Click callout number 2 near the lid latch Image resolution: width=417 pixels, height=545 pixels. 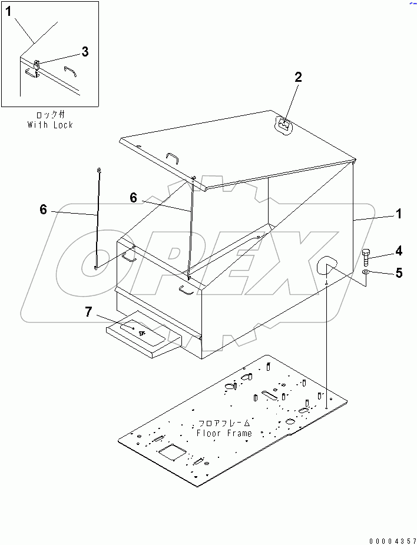(x=298, y=77)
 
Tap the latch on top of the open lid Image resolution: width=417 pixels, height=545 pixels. (x=283, y=124)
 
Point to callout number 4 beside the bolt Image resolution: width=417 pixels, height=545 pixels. (x=399, y=251)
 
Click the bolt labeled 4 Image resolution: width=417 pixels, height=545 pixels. (x=367, y=258)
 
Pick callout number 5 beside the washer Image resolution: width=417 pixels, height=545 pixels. (x=399, y=273)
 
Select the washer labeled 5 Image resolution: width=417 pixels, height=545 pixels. (x=367, y=273)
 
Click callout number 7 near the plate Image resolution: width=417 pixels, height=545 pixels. (x=88, y=312)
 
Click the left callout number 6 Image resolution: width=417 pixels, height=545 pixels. (x=43, y=209)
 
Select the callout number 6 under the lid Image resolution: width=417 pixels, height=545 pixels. (x=133, y=198)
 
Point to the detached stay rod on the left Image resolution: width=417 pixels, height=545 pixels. (x=98, y=218)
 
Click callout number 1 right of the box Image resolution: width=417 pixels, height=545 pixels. (x=399, y=214)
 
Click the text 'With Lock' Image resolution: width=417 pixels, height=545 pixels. (x=50, y=125)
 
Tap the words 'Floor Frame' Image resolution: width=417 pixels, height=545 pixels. (x=224, y=433)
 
